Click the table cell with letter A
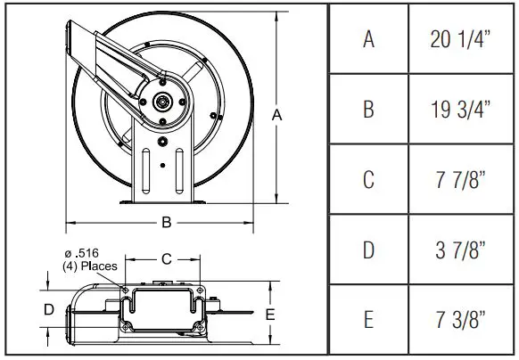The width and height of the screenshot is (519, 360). pos(367,39)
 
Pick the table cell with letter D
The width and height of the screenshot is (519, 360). pos(367,249)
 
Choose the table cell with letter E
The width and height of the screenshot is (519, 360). pos(367,318)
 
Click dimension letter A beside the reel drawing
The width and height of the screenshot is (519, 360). pos(277,114)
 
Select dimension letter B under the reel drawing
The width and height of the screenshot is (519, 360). pos(165,222)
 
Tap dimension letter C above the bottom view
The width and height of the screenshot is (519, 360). pos(165,258)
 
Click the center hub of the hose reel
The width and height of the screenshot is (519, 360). pos(164,102)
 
